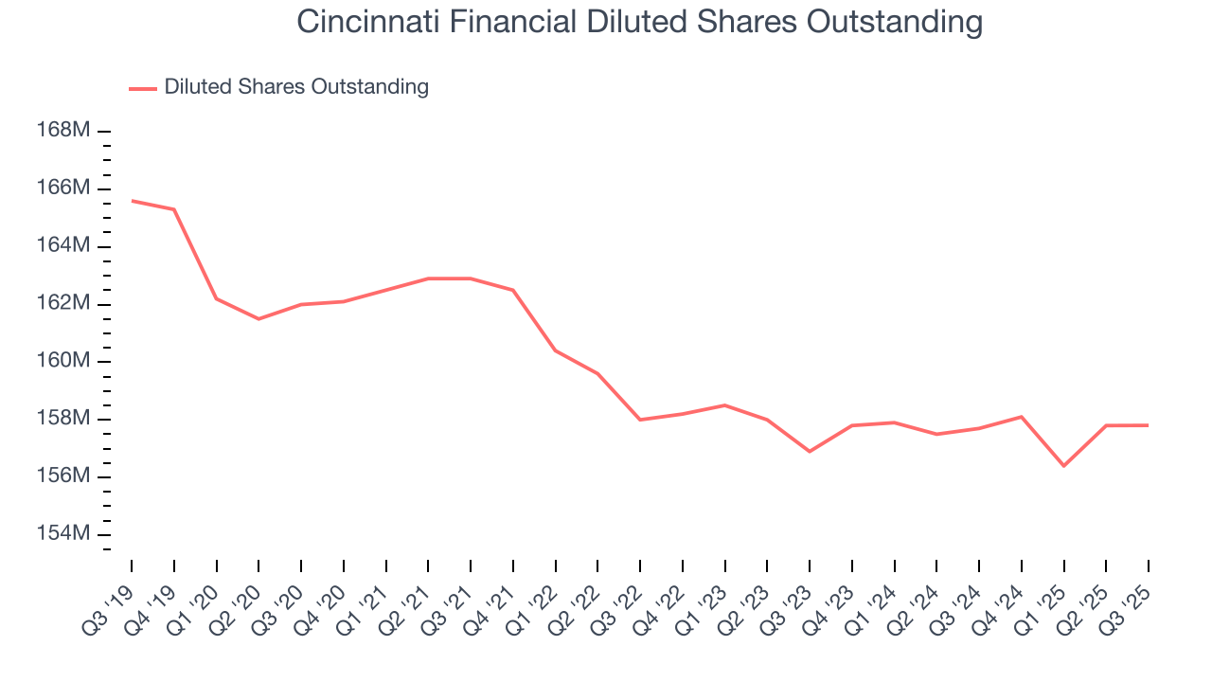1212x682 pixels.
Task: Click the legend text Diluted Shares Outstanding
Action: (x=296, y=87)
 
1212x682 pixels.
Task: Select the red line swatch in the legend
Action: (x=143, y=88)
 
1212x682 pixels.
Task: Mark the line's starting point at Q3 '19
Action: (x=132, y=201)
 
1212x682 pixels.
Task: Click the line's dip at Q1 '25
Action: (x=1064, y=466)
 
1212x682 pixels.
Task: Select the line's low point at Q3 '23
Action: (x=810, y=452)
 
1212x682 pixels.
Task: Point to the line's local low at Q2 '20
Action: (x=258, y=319)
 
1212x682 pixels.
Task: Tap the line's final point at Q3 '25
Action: (x=1149, y=425)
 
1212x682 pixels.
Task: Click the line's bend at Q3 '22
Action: (x=640, y=420)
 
